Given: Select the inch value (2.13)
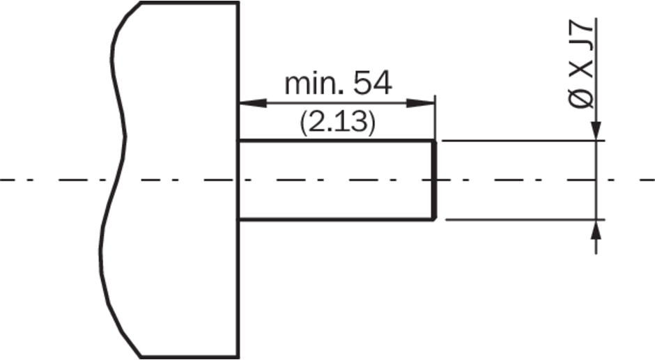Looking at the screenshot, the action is [337, 123].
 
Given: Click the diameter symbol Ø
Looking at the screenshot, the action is [581, 99].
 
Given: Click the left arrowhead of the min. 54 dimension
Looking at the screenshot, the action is [253, 103].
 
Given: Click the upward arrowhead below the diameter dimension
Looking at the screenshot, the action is [596, 229].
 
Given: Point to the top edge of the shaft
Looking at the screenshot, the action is [337, 141].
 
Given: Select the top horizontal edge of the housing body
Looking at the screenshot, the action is [190, 3].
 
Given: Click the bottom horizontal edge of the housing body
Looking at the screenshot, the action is [190, 357].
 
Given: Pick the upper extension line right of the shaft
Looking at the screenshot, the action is [523, 141].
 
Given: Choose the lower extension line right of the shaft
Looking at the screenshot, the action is [525, 219].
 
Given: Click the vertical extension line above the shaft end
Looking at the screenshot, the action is [435, 118].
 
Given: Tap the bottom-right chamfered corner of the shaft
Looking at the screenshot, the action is [435, 218].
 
